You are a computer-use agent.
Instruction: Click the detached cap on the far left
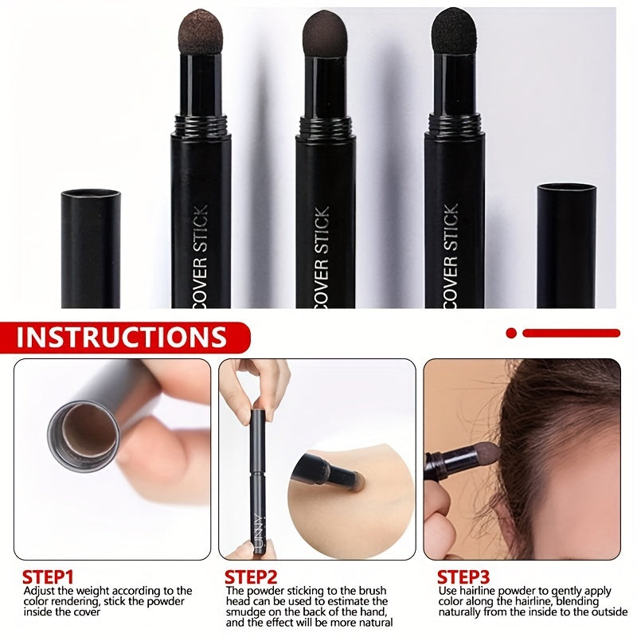(x=91, y=248)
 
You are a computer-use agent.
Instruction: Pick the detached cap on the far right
(x=566, y=245)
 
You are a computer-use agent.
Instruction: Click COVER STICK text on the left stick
(x=201, y=256)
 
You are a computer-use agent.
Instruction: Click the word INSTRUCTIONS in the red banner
(x=122, y=337)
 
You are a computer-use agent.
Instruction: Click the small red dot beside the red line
(x=511, y=333)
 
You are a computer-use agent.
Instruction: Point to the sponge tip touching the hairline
(x=487, y=455)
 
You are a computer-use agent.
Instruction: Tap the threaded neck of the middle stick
(x=325, y=124)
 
